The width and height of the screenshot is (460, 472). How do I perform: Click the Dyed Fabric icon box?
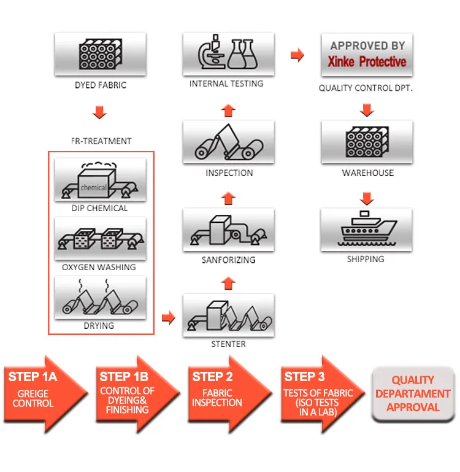[x=100, y=54]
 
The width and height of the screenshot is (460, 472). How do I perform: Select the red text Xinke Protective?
[x=366, y=61]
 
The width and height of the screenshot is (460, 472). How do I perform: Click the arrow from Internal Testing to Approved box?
[x=297, y=55]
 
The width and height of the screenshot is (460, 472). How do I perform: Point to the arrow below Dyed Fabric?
[x=99, y=113]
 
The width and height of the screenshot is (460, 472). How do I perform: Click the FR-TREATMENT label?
[x=101, y=141]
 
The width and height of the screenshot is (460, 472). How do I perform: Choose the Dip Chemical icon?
[x=100, y=180]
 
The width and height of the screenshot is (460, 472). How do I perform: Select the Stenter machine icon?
[x=228, y=315]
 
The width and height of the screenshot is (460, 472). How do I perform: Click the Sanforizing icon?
[x=228, y=230]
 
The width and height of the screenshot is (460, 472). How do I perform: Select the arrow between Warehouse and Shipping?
[x=367, y=198]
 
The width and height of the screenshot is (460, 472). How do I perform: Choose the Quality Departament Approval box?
[x=413, y=393]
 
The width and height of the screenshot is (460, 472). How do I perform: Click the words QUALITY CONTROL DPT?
[x=366, y=88]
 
